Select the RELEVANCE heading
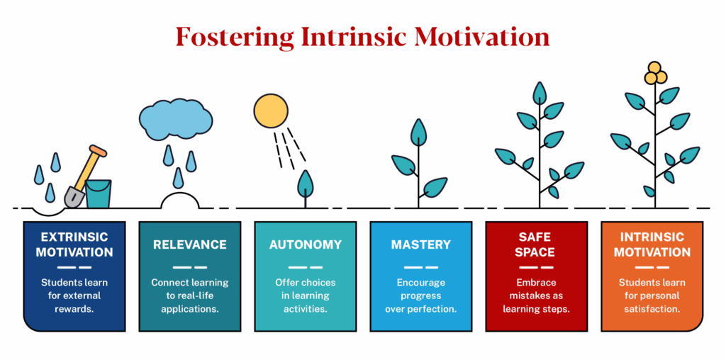[x=189, y=244]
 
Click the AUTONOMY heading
[x=305, y=244]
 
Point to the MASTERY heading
[x=420, y=244]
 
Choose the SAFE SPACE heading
[x=536, y=244]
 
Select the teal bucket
[x=99, y=193]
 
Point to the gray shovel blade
[x=74, y=196]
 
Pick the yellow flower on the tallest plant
[x=654, y=74]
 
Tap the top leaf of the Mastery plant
[x=419, y=132]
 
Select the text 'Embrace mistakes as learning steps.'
[x=536, y=296]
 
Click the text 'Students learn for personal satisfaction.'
[x=652, y=296]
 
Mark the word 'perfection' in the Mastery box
[x=433, y=309]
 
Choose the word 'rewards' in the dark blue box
[x=75, y=309]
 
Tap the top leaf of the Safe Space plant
[x=540, y=93]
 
